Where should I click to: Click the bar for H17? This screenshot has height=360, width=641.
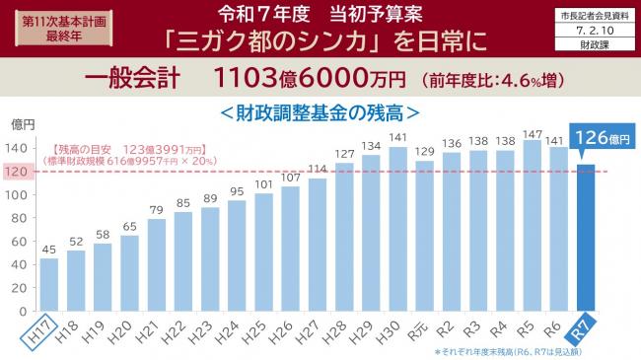(x=49, y=285)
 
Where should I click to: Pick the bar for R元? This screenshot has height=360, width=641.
(x=424, y=238)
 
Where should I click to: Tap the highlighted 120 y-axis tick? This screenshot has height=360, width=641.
(x=19, y=172)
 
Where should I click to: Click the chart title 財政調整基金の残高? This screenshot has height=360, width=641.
(x=320, y=109)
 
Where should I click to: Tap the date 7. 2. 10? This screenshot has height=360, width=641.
(x=593, y=31)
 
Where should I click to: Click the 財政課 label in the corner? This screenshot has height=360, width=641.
(x=593, y=45)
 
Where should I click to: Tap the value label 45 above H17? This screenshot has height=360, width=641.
(x=49, y=249)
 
